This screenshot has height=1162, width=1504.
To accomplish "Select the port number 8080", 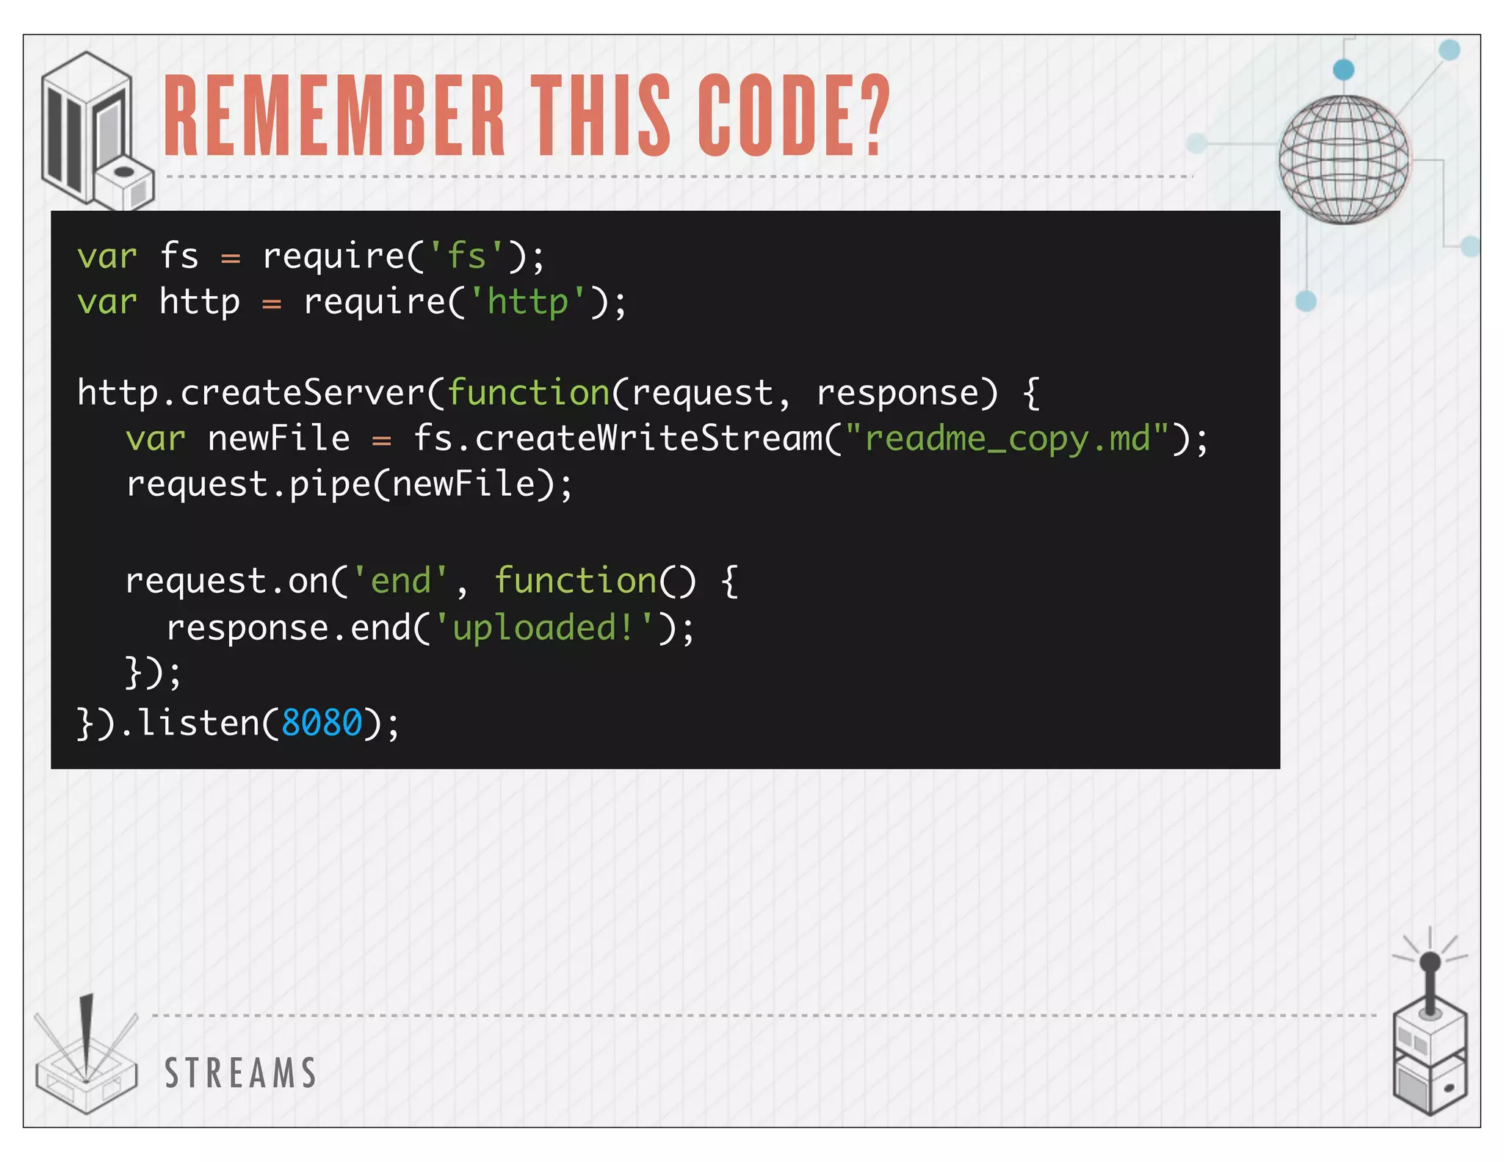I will click(322, 723).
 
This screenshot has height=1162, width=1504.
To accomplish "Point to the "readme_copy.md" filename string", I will click(1007, 439).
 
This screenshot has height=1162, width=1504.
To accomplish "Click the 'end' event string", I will click(400, 581).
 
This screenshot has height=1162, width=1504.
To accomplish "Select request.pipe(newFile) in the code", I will click(348, 485).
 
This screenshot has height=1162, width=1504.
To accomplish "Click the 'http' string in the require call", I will click(528, 302).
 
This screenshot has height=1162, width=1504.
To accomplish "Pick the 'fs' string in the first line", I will click(466, 256).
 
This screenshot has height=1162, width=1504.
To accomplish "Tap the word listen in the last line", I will click(198, 723).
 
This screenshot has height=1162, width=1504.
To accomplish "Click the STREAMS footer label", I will click(241, 1073).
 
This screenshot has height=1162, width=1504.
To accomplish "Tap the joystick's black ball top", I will click(1430, 962).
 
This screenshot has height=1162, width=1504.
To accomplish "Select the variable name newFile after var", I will click(279, 439).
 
